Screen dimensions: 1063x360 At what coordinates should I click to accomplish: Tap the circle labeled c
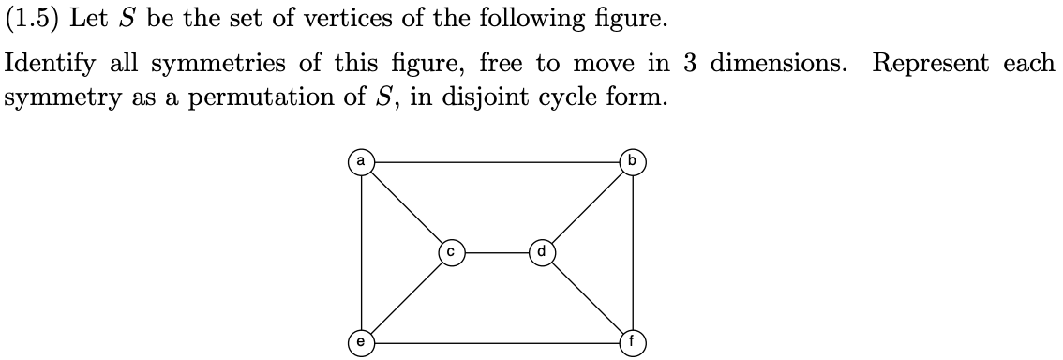tap(451, 252)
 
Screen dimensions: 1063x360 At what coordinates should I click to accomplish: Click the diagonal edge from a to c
tap(405, 206)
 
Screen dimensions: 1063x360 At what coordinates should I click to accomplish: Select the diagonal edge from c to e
tap(405, 298)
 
